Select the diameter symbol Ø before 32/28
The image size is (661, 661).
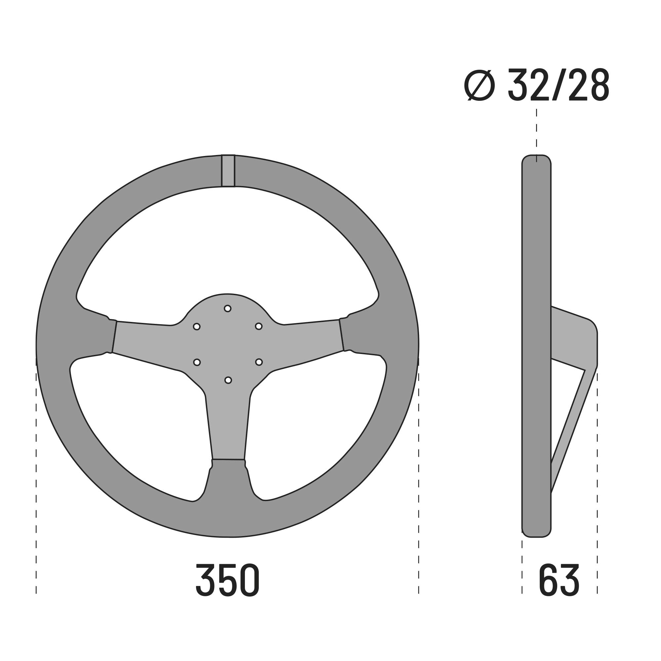pyautogui.click(x=479, y=85)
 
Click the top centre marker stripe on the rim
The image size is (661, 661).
pyautogui.click(x=228, y=171)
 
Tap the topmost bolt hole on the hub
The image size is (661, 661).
pyautogui.click(x=227, y=309)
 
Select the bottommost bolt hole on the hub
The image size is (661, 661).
pyautogui.click(x=228, y=380)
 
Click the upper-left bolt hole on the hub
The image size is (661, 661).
pyautogui.click(x=197, y=327)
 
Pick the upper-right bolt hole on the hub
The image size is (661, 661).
pyautogui.click(x=259, y=327)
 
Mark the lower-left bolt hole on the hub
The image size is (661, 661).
pyautogui.click(x=197, y=362)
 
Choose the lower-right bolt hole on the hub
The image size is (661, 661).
pyautogui.click(x=259, y=362)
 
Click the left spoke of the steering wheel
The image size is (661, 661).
pyautogui.click(x=147, y=342)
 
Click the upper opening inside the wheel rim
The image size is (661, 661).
pyautogui.click(x=227, y=246)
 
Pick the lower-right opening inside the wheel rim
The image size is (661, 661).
pyautogui.click(x=318, y=428)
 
